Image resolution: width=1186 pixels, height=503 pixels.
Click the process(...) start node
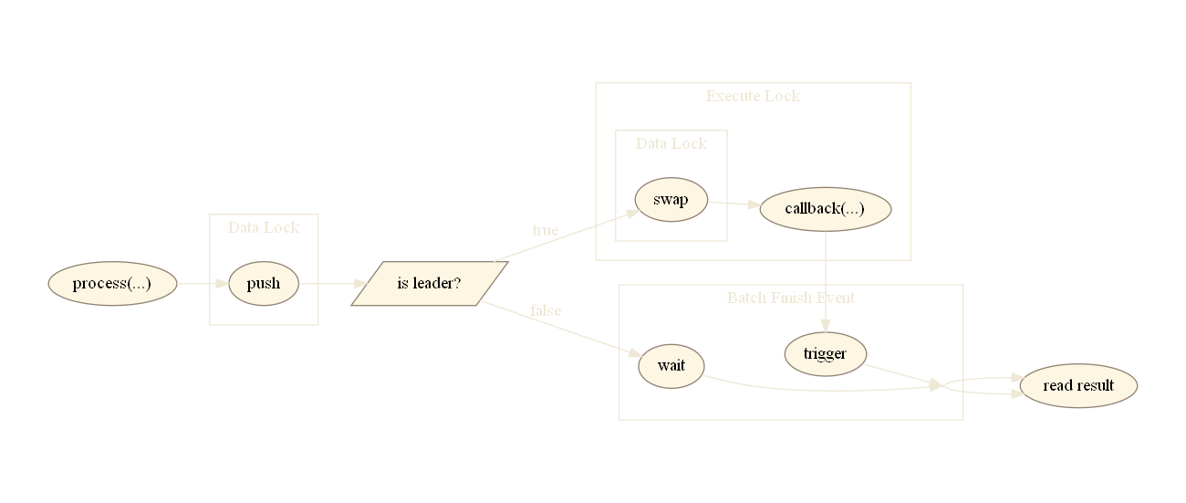pos(111,284)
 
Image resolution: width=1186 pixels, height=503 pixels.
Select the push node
pos(263,284)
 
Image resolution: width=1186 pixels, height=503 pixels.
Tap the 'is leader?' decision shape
pos(429,284)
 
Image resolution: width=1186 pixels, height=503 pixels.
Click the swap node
pos(671,201)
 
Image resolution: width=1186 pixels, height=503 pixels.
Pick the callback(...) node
pos(825,209)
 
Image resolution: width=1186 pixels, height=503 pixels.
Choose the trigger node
pos(825,354)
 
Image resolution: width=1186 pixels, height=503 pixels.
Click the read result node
pos(1078,386)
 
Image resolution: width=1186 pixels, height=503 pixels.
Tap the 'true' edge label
pos(545,230)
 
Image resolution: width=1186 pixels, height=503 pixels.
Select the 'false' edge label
pos(545,310)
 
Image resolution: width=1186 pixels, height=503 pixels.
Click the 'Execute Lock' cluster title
pos(753,96)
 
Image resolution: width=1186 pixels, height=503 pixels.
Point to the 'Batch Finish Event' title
pos(790,298)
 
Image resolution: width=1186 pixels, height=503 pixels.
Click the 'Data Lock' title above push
pos(263,227)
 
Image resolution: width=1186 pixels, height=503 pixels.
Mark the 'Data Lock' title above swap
pos(671,143)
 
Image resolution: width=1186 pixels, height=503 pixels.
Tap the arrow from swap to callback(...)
pos(733,204)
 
